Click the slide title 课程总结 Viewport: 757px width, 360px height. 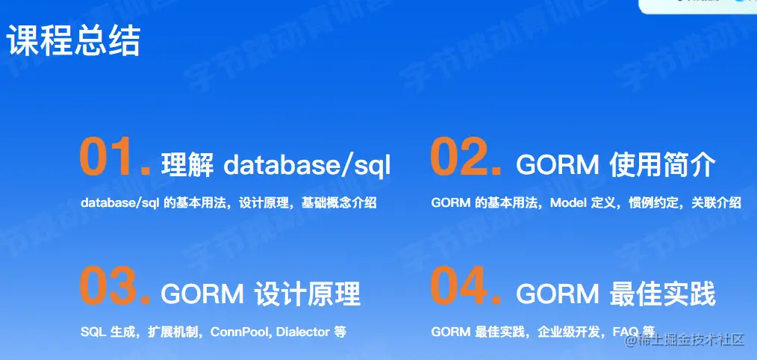click(73, 41)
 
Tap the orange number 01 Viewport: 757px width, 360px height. click(116, 157)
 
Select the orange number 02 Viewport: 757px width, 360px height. click(465, 157)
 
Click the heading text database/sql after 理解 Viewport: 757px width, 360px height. click(307, 166)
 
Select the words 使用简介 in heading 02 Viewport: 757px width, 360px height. click(662, 166)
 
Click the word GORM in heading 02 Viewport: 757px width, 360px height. click(558, 167)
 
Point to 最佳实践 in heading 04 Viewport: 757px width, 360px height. click(662, 294)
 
